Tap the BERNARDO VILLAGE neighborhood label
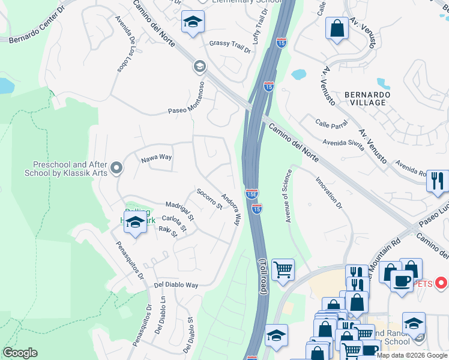pyautogui.click(x=367, y=99)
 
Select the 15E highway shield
pyautogui.click(x=252, y=194)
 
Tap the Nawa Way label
pyautogui.click(x=156, y=158)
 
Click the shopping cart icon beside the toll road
pyautogui.click(x=283, y=269)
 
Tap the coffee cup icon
pyautogui.click(x=402, y=280)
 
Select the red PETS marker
pyautogui.click(x=441, y=282)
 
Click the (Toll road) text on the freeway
pyautogui.click(x=262, y=276)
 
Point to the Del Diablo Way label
pyautogui.click(x=176, y=285)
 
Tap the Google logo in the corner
pyautogui.click(x=20, y=353)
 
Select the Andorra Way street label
pyautogui.click(x=231, y=208)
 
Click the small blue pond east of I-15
pyautogui.click(x=298, y=75)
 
